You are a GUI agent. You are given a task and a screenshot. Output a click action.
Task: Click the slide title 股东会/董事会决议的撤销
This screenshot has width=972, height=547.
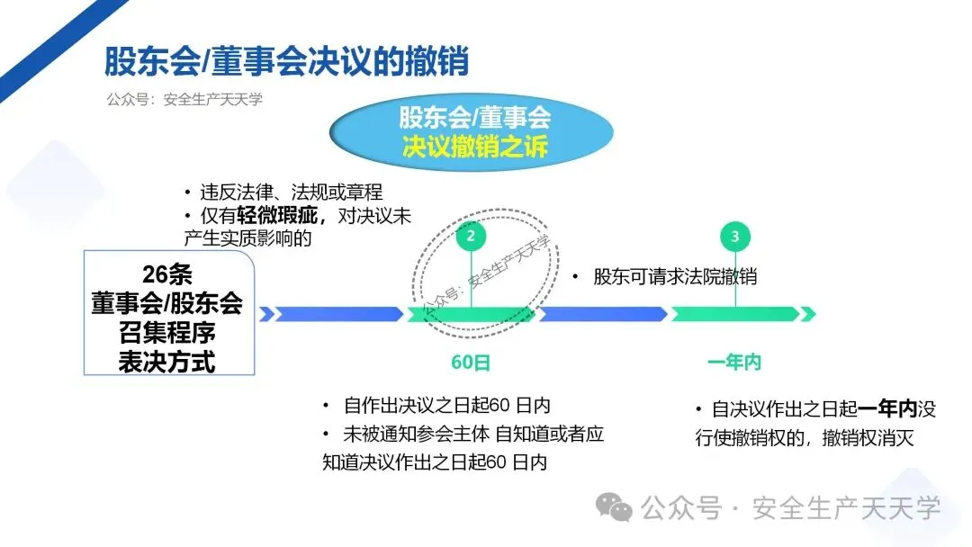286,63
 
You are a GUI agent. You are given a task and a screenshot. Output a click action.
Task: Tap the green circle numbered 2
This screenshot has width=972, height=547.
472,237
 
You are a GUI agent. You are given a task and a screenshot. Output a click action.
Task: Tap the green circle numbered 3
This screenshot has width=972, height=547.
736,237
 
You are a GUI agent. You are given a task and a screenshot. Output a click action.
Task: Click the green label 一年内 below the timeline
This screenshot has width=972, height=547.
734,363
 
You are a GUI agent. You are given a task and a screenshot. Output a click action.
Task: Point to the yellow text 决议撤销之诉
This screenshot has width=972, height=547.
474,147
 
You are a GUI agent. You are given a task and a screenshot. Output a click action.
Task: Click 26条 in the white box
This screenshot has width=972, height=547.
167,273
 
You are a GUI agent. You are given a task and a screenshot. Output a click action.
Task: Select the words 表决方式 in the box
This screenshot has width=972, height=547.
167,362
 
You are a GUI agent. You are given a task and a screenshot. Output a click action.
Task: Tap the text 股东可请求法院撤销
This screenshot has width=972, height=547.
675,277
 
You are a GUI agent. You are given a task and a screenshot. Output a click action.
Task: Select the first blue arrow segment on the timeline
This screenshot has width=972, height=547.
337,314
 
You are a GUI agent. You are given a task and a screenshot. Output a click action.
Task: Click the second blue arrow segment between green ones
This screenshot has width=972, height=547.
602,314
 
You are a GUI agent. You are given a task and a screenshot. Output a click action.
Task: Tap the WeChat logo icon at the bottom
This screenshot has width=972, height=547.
617,508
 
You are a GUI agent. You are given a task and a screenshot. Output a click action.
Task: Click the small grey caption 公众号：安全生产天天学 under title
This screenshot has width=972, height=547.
184,100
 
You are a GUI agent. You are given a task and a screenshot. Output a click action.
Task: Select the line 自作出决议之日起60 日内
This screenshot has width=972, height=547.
446,406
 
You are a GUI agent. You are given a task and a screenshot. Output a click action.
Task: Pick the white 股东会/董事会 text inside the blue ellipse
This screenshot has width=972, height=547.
474,118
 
